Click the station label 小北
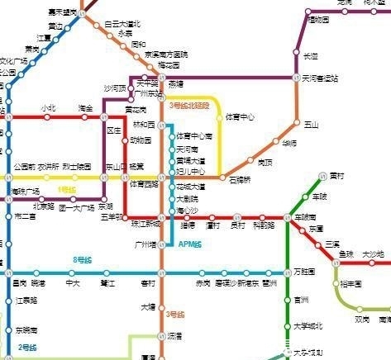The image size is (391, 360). click(x=47, y=108)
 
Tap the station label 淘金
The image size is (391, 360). click(x=85, y=108)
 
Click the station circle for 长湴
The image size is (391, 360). click(x=297, y=54)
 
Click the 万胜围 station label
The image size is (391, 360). click(x=305, y=272)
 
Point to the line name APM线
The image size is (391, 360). click(x=190, y=244)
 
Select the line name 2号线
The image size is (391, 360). click(x=29, y=348)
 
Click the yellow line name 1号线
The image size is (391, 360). click(x=67, y=190)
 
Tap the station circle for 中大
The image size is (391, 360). click(x=74, y=273)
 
